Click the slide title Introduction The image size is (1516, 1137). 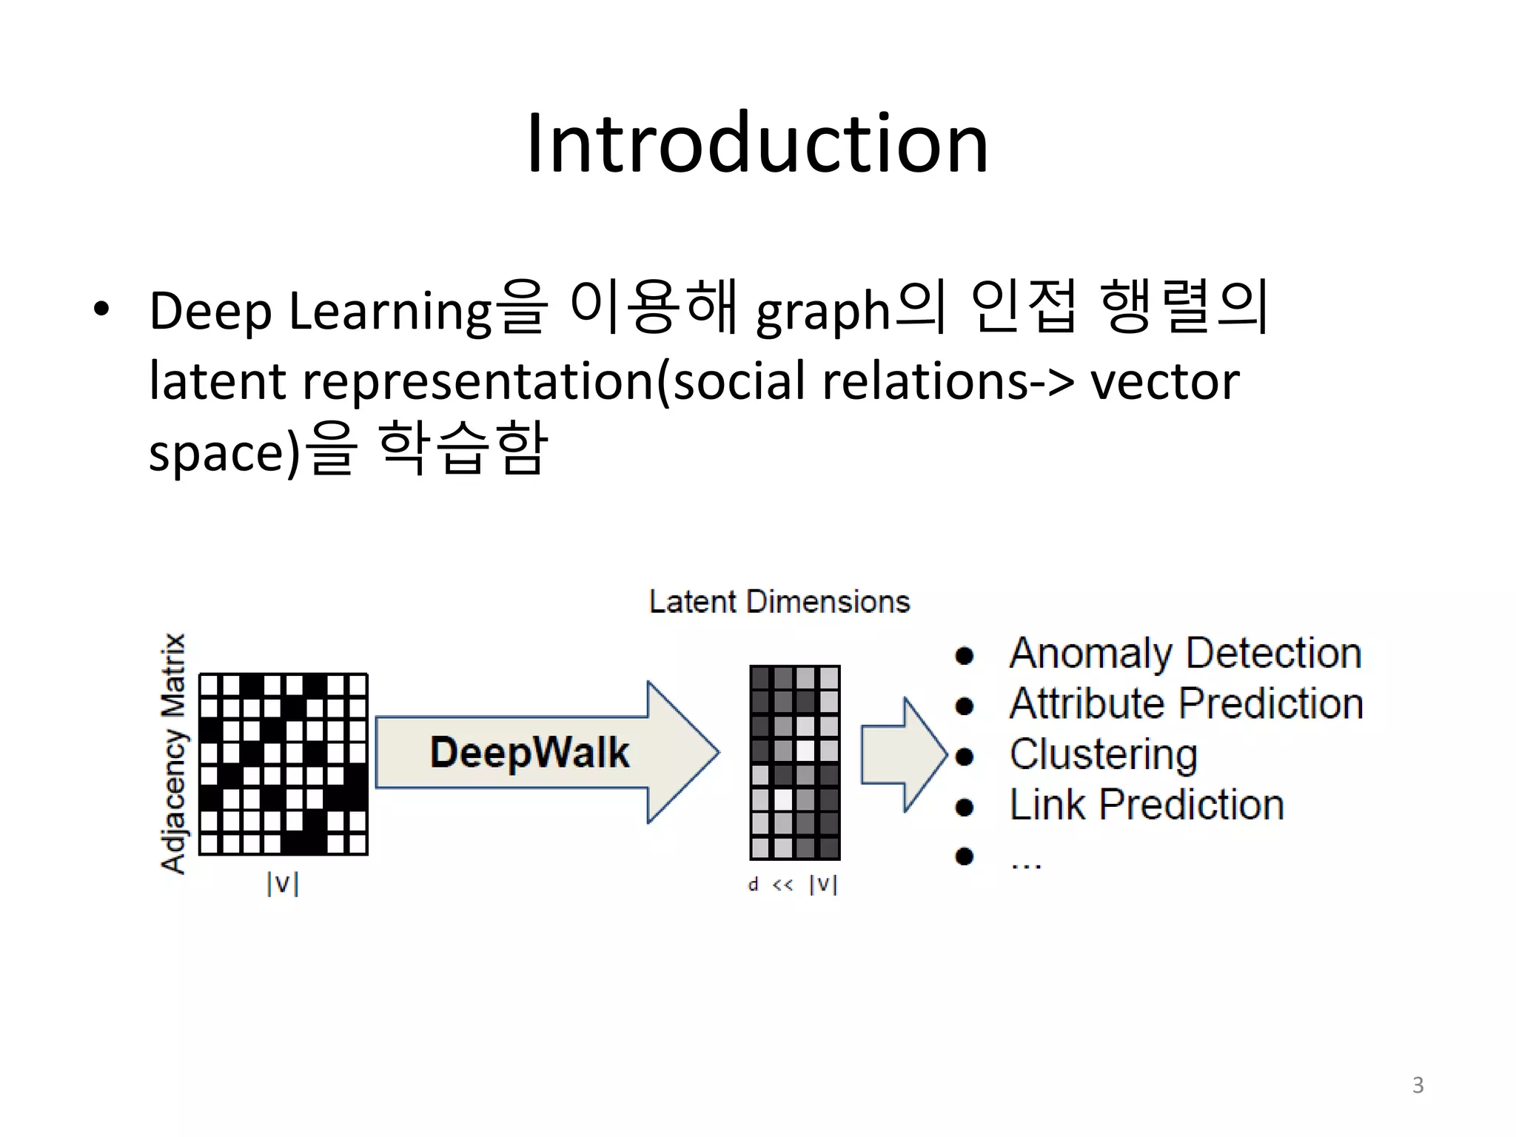[x=757, y=143]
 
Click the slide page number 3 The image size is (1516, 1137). [x=1418, y=1084]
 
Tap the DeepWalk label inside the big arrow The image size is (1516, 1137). [x=529, y=752]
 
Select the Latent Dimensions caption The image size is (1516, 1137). [x=779, y=601]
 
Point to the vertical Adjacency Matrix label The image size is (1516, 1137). [x=173, y=754]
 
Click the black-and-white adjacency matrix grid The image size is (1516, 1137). [x=284, y=764]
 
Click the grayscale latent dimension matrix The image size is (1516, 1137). [x=795, y=762]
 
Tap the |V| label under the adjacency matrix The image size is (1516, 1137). [x=283, y=883]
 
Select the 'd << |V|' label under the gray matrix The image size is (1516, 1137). [x=793, y=884]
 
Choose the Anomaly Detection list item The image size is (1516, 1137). [x=1185, y=653]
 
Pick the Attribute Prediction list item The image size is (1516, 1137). [x=1186, y=703]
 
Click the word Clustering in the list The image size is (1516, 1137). [x=1103, y=754]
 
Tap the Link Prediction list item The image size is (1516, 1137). [x=1147, y=805]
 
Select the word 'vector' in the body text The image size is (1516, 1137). [x=1164, y=380]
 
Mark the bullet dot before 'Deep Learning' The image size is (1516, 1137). [x=101, y=309]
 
